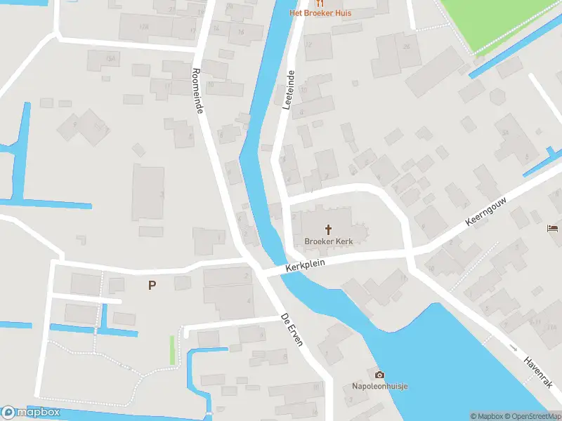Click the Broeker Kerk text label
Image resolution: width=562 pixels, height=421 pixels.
point(328,241)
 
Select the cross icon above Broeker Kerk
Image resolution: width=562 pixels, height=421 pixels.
point(328,229)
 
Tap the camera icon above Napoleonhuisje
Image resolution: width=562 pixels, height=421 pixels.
point(380,375)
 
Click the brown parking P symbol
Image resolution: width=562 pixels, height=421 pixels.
point(152,285)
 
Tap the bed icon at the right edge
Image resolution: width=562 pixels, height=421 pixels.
point(553,227)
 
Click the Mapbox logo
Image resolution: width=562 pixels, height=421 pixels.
point(30,413)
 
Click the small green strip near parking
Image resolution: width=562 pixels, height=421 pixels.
point(172,350)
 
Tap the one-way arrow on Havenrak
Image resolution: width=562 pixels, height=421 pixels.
point(514,348)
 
